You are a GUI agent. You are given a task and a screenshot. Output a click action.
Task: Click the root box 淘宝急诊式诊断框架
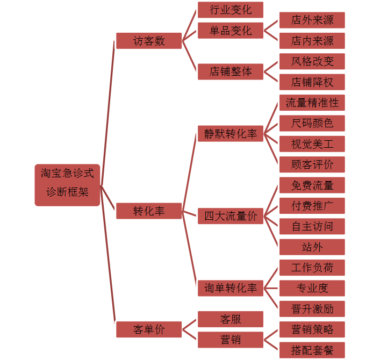[67, 185]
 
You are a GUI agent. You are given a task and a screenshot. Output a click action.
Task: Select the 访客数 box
[149, 41]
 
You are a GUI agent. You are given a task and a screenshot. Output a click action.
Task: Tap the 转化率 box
[149, 211]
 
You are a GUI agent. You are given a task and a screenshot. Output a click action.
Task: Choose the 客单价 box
[149, 329]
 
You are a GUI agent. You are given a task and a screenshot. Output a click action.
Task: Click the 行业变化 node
[231, 10]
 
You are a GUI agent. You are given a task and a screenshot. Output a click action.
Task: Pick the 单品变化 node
[231, 30]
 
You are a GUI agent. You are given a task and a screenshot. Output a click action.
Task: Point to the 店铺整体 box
[231, 71]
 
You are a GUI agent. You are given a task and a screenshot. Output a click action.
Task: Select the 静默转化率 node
[231, 134]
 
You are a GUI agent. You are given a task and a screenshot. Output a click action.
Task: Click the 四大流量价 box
[231, 216]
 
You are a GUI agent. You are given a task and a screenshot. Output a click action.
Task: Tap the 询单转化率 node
[231, 288]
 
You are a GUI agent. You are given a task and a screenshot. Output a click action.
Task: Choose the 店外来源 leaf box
[312, 20]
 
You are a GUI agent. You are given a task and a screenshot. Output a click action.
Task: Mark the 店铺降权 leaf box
[312, 82]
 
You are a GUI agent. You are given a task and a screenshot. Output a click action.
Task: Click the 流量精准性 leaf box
[312, 102]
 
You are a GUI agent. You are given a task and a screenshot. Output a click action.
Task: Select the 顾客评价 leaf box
[312, 164]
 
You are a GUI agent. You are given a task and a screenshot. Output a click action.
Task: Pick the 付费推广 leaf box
[312, 205]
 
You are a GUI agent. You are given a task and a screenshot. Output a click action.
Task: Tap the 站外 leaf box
[312, 247]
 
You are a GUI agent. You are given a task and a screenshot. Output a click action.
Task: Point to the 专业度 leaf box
[312, 288]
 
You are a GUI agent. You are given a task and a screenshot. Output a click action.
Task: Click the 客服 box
[231, 319]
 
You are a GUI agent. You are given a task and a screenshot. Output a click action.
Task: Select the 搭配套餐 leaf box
[312, 350]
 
